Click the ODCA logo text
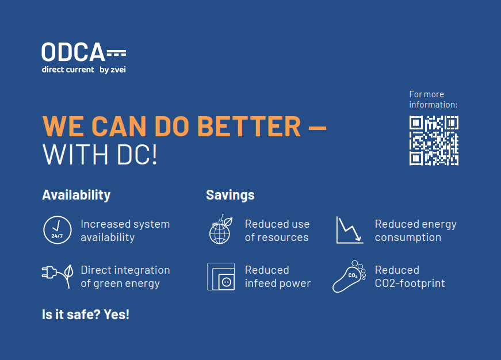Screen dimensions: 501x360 coord(73,52)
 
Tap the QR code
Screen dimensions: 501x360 coord(434,140)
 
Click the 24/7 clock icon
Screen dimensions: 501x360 coord(58,230)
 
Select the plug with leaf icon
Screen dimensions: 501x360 coord(58,276)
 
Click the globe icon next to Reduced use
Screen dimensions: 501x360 coord(221,229)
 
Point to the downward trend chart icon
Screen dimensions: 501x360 coord(350,230)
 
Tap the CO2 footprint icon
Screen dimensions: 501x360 coord(349,276)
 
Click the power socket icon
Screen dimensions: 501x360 coord(221,277)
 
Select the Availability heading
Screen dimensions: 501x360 coord(77,195)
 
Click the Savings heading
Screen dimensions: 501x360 coord(231,195)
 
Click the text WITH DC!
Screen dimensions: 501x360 coord(100,155)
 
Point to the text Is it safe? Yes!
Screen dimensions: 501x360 coord(86,315)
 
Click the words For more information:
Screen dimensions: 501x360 coord(433,99)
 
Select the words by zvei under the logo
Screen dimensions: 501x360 coord(113,70)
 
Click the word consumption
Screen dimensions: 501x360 coord(408,238)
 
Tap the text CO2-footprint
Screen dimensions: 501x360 coord(410,284)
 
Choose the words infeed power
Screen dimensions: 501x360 coord(278,284)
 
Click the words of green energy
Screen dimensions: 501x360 coord(120,284)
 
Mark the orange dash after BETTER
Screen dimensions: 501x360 coord(318,128)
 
